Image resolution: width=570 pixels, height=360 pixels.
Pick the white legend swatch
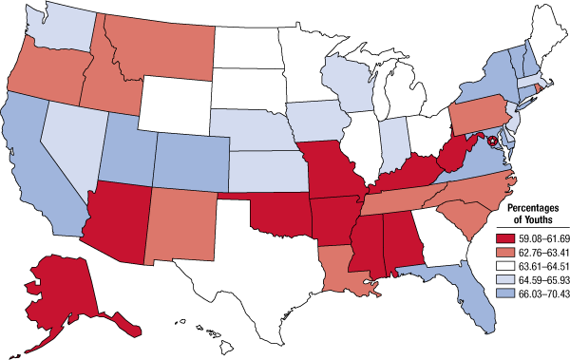pyautogui.click(x=505, y=267)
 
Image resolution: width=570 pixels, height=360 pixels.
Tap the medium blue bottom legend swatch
pyautogui.click(x=505, y=294)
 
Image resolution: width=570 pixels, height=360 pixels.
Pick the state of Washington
pyautogui.click(x=57, y=28)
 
